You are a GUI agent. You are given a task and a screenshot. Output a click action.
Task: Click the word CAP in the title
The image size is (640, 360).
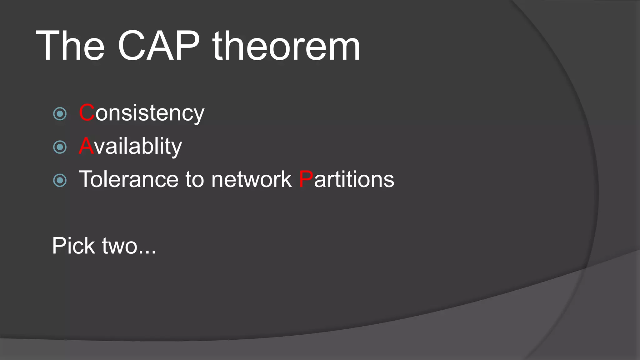click(159, 46)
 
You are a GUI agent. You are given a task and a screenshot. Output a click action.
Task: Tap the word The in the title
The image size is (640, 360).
click(70, 46)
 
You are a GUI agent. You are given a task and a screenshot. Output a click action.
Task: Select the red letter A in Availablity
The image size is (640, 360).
click(86, 146)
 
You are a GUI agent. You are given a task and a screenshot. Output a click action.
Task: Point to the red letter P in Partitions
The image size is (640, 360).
click(306, 179)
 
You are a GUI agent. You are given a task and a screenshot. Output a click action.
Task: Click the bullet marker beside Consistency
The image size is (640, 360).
click(60, 114)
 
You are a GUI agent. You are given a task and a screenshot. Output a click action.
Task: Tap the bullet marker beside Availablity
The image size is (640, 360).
click(60, 147)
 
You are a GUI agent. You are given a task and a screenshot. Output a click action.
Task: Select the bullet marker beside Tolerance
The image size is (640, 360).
click(60, 180)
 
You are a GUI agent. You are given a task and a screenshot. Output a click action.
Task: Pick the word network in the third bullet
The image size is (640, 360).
click(251, 179)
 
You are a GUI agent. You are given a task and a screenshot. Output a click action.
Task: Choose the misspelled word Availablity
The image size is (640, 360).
click(130, 146)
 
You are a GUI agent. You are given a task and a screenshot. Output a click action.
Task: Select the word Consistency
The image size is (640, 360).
click(142, 113)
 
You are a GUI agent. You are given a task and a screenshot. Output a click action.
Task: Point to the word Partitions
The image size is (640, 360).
click(346, 179)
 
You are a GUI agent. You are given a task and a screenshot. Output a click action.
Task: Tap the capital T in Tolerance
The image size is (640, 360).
click(85, 179)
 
